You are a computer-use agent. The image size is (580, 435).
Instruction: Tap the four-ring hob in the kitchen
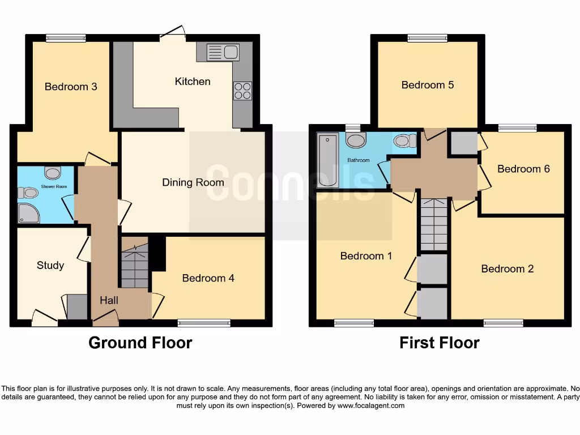242,91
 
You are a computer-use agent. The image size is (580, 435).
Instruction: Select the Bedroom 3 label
71,87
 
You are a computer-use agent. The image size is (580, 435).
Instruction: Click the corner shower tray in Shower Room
26,213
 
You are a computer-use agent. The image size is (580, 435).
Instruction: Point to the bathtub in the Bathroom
327,160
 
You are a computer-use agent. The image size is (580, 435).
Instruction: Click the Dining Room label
193,182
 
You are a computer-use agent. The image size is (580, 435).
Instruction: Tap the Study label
50,265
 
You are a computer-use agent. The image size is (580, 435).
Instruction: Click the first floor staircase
433,224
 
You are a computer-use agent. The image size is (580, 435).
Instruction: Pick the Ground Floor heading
140,343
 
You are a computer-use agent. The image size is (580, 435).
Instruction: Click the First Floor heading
439,343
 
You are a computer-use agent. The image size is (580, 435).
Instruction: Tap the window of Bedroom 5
427,39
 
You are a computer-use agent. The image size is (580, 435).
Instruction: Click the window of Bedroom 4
204,323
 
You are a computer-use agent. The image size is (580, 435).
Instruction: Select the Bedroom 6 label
523,169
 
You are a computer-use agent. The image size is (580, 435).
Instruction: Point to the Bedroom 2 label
507,268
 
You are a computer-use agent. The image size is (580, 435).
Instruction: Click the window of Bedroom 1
353,323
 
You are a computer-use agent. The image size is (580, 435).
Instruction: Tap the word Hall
109,300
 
